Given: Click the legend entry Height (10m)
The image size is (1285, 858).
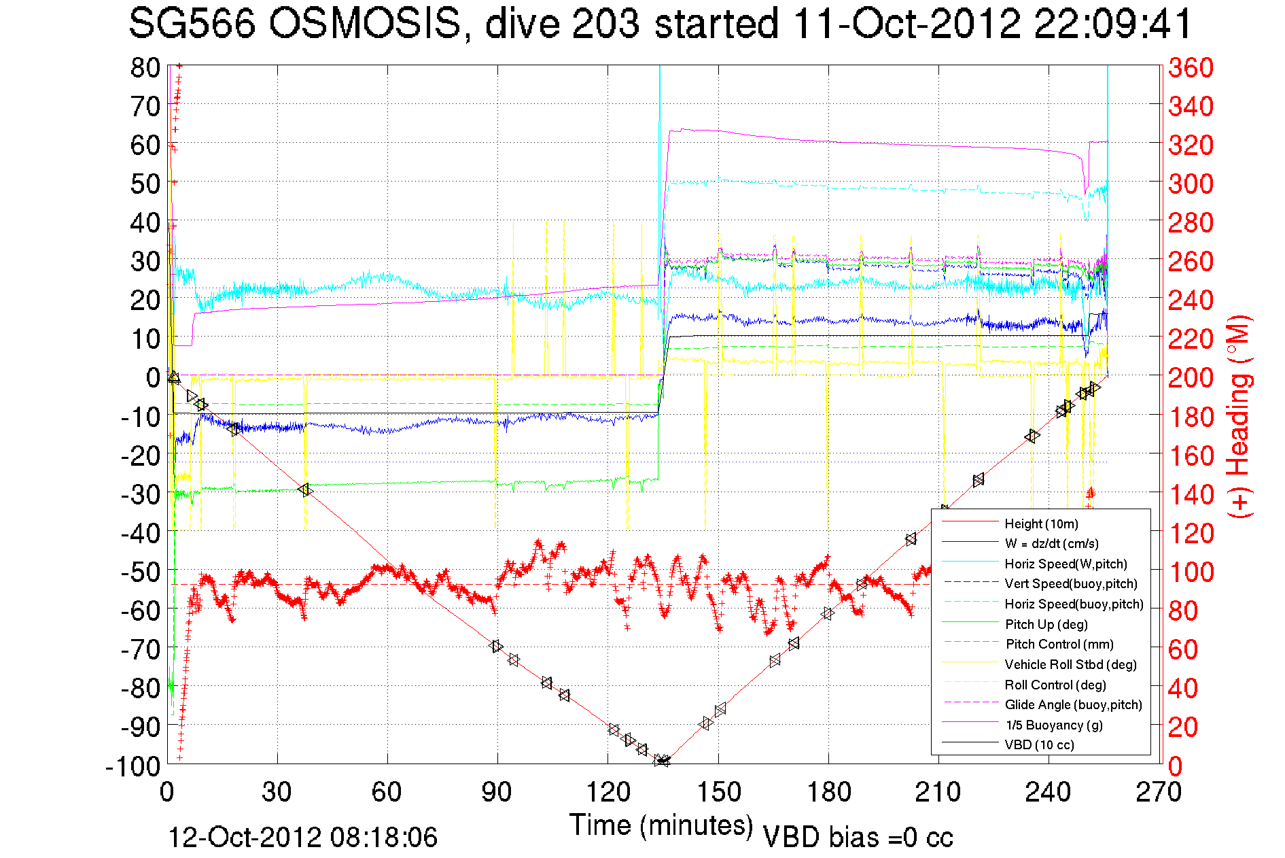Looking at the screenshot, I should [1040, 524].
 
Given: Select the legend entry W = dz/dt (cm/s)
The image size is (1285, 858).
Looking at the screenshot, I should [1051, 543].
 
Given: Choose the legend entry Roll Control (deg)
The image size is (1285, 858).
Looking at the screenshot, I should [1055, 685].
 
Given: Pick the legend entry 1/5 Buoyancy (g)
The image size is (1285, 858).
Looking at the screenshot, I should [1053, 725].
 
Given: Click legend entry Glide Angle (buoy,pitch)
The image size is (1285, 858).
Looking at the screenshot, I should [1073, 704].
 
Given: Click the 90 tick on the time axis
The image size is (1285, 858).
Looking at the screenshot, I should [497, 792].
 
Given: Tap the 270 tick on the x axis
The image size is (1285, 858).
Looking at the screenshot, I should [1159, 792].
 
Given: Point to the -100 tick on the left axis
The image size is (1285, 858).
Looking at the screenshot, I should [133, 766].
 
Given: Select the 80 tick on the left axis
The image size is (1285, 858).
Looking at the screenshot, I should [145, 68].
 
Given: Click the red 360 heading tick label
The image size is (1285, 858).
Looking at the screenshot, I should [1191, 68].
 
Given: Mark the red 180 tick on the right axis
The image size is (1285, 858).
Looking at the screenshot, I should [1191, 417].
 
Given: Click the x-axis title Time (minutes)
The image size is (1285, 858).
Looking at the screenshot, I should [661, 825].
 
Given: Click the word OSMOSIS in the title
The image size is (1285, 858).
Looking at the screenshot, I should [365, 24].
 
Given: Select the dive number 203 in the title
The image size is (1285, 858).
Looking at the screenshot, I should [605, 24].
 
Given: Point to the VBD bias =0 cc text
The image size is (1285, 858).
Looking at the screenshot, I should [858, 838].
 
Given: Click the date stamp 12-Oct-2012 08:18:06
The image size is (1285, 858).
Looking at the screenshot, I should [302, 838].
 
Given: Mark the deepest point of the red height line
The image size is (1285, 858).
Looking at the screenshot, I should [662, 761].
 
